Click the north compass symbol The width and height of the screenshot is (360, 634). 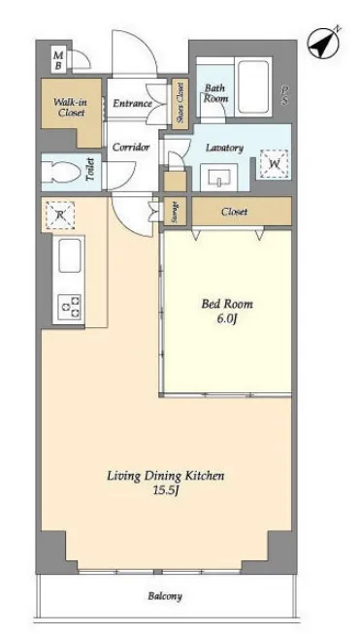(324, 44)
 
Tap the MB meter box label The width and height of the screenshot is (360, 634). (58, 60)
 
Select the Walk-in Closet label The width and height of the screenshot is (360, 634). (70, 107)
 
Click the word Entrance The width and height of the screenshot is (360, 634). (132, 104)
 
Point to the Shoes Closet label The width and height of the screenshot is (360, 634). (180, 103)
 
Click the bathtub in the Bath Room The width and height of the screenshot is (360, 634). (253, 86)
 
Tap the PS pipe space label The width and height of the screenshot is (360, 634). (285, 96)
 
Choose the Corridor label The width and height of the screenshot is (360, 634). (131, 147)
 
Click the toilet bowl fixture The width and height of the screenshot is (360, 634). (60, 173)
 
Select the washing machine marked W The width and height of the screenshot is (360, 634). (275, 164)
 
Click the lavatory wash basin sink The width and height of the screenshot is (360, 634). (220, 177)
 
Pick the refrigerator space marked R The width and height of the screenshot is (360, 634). (60, 215)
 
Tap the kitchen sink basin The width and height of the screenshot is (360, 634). (70, 255)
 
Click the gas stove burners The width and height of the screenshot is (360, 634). (70, 308)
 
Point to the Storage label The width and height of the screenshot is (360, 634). (176, 212)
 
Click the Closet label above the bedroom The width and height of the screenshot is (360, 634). (235, 212)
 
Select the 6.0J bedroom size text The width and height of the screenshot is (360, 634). (227, 318)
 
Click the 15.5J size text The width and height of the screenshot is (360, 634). (166, 490)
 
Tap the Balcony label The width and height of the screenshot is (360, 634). (165, 596)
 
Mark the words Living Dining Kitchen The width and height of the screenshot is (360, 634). (166, 476)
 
